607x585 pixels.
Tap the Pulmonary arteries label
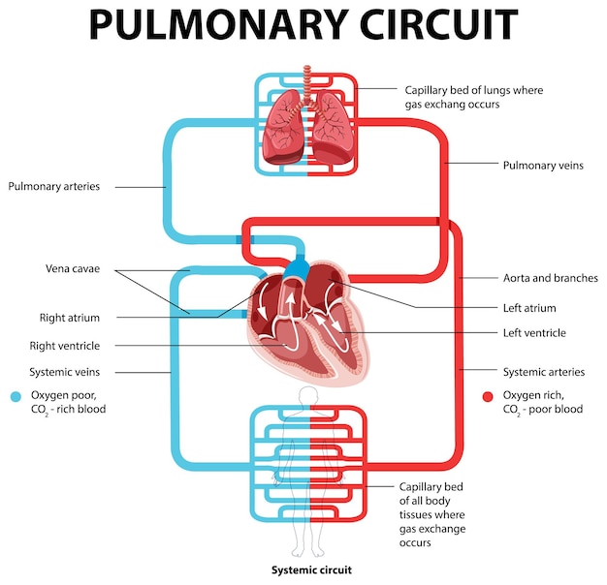[53, 187]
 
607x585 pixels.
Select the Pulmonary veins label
[543, 166]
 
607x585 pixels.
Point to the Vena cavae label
[73, 268]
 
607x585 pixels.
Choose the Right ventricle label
[71, 345]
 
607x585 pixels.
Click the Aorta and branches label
[549, 278]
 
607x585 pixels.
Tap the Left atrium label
[529, 308]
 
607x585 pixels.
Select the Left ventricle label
[534, 333]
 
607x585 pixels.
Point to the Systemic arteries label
[544, 371]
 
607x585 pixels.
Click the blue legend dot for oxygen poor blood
[16, 396]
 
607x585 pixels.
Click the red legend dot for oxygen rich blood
[488, 396]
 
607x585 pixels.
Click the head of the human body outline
[308, 395]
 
